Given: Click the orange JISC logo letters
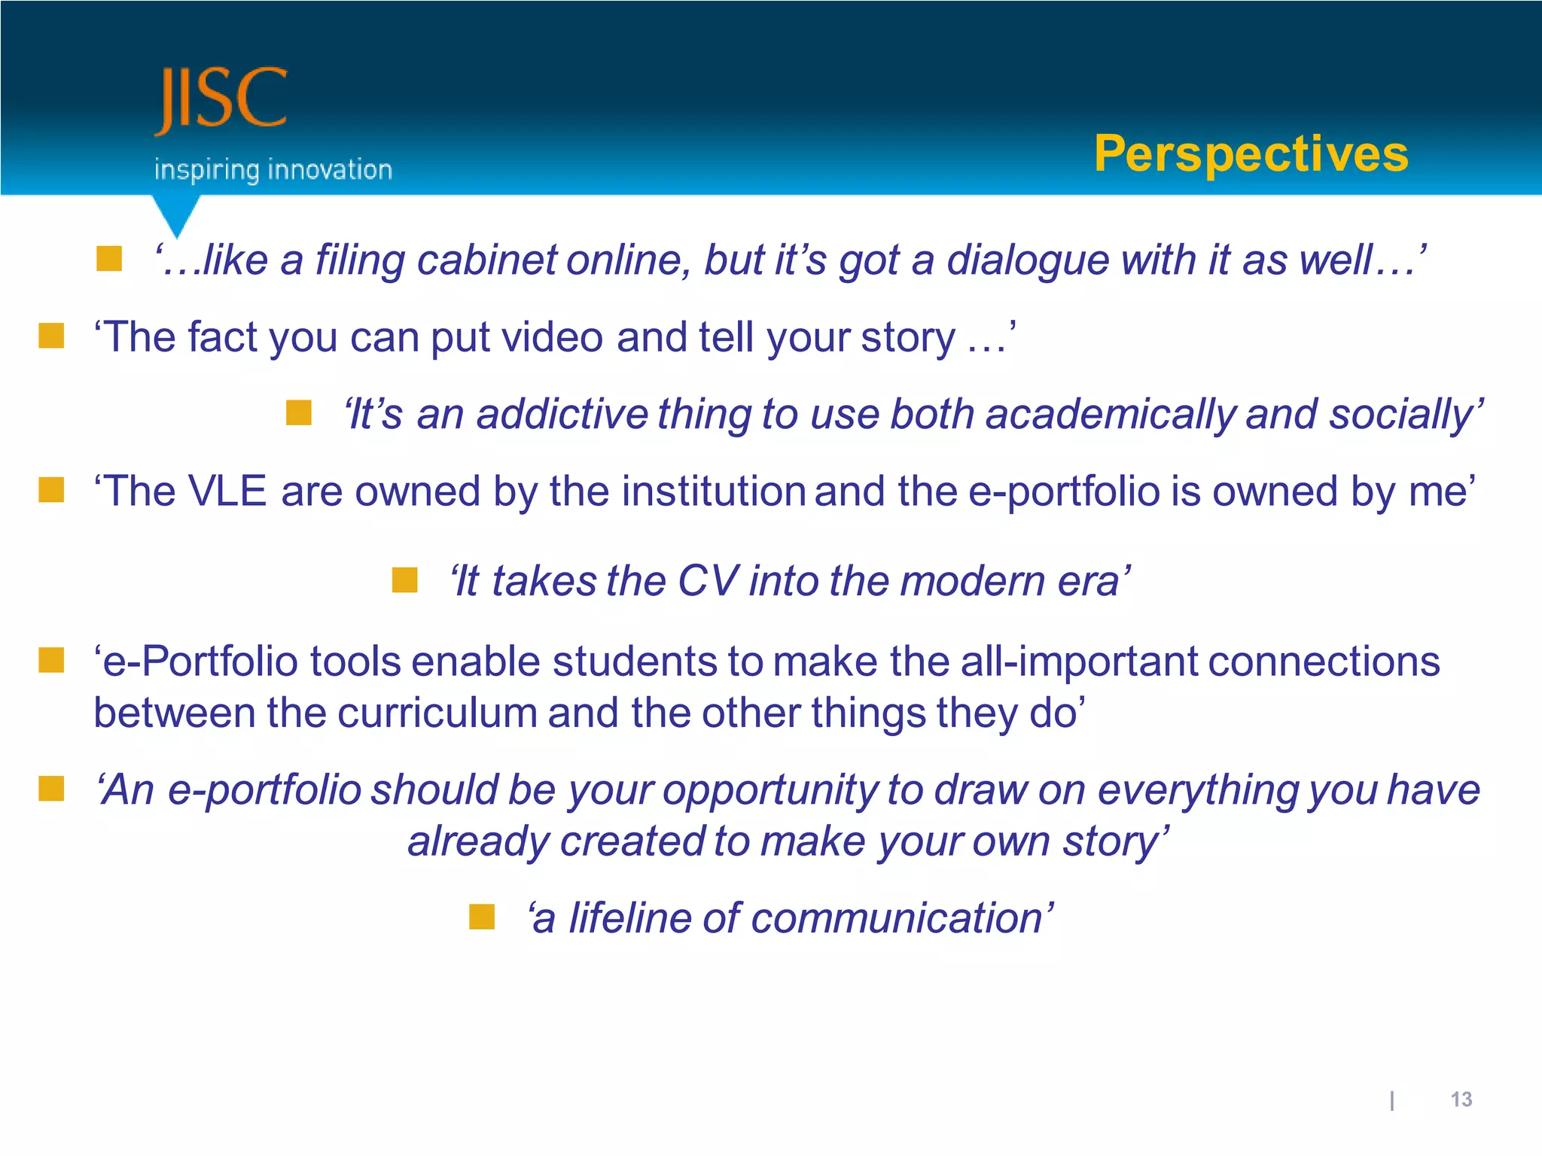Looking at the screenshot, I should point(221,100).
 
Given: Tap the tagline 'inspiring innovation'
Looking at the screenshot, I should point(273,170).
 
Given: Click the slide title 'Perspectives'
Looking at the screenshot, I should point(1251,154).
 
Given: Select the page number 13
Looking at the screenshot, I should point(1461,1100).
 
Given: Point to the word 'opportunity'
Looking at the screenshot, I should point(769,790).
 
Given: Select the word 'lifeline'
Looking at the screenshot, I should point(628,919).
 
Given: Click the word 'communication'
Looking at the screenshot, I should point(897,919).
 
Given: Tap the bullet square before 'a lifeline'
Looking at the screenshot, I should point(481,917).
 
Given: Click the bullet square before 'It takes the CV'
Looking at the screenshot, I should point(404,580).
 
